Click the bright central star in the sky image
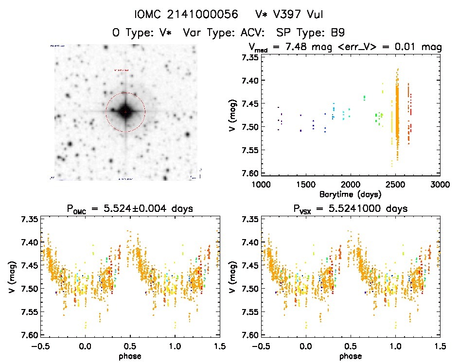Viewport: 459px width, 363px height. [125, 112]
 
